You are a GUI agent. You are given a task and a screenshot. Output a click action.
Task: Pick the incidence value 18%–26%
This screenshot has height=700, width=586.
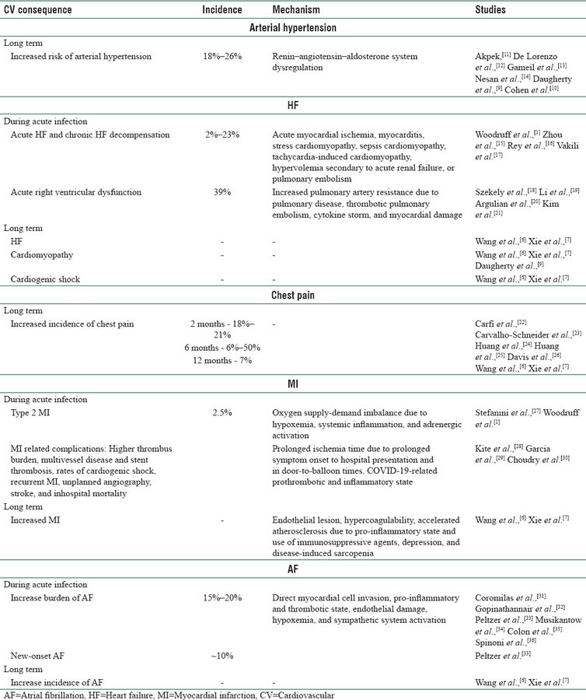(x=223, y=58)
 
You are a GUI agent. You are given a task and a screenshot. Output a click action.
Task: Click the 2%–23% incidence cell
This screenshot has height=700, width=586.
(x=223, y=135)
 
